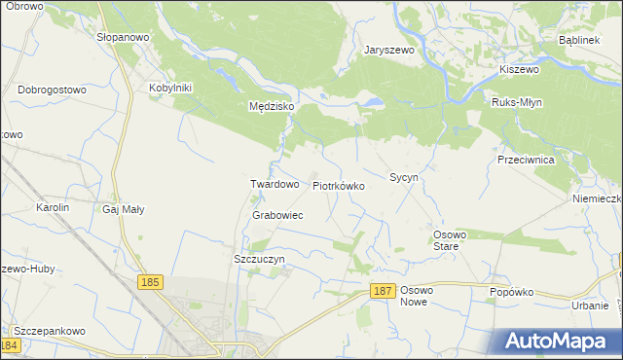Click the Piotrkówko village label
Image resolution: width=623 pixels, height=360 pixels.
click(x=338, y=185)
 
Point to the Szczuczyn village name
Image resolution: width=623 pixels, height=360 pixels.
click(x=259, y=260)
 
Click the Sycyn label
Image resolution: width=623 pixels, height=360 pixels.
click(x=404, y=178)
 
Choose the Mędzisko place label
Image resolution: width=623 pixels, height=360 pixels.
click(x=272, y=107)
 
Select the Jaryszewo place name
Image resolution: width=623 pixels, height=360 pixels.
click(x=388, y=50)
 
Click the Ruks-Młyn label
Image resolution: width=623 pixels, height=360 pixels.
click(x=517, y=102)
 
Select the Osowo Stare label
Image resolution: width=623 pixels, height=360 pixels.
click(x=451, y=240)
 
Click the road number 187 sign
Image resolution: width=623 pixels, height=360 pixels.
click(x=384, y=291)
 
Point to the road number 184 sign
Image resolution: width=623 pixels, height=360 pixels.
click(x=10, y=345)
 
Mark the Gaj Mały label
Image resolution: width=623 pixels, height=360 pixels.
click(x=123, y=208)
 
